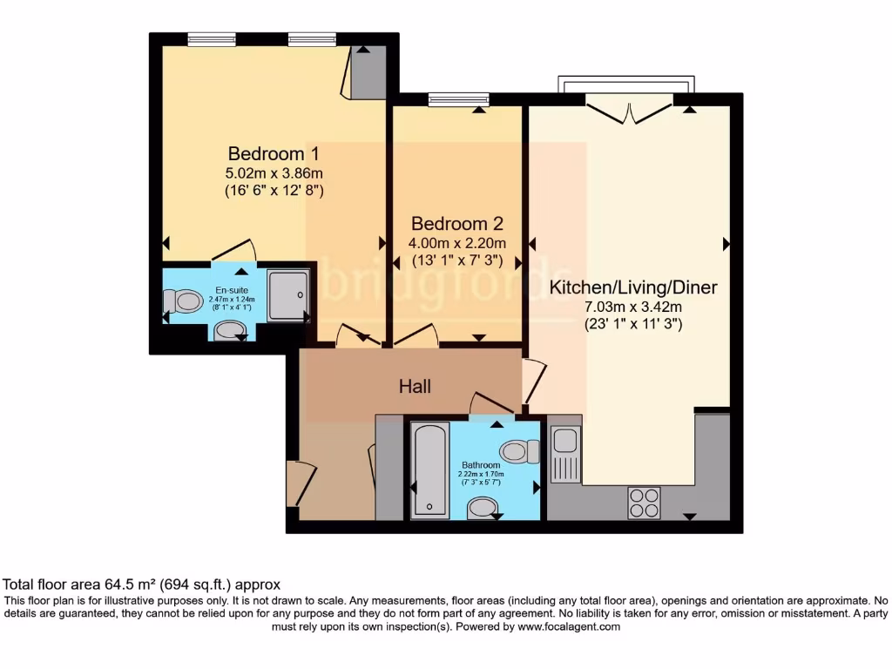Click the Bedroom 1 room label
click(x=267, y=153)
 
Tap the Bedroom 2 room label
click(x=457, y=223)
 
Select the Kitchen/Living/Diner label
click(x=633, y=287)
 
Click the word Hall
click(x=415, y=386)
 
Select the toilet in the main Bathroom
click(x=518, y=452)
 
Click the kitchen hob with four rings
click(x=644, y=503)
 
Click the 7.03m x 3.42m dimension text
click(x=633, y=306)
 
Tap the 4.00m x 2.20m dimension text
click(x=457, y=243)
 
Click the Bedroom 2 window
click(x=456, y=100)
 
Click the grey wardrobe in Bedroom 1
click(x=368, y=73)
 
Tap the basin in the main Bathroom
click(x=481, y=508)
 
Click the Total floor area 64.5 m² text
click(x=142, y=585)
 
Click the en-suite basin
click(x=230, y=329)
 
